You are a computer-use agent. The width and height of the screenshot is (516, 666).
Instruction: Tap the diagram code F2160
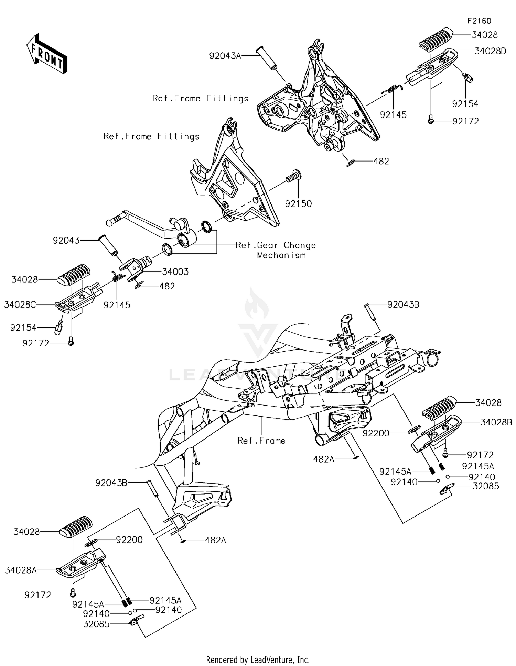point(479,21)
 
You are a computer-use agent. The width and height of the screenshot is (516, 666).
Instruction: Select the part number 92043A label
point(225,56)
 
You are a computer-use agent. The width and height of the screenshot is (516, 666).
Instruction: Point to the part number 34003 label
point(175,272)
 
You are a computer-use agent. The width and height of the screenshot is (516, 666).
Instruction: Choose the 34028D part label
point(490,51)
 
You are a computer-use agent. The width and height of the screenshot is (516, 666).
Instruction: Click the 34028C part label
point(20,304)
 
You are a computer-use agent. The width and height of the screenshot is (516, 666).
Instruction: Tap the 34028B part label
point(496,422)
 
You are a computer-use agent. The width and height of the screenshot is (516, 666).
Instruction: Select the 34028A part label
point(21,570)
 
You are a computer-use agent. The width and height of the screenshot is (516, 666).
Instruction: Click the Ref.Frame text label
point(261,441)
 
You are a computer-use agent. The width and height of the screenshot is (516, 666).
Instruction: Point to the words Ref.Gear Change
point(276,245)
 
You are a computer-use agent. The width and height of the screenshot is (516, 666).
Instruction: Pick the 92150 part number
point(298,203)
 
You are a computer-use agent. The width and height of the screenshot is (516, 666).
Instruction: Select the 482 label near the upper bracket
point(381,161)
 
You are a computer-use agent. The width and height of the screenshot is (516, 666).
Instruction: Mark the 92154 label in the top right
point(465,104)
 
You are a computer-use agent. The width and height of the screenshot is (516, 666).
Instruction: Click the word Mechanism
point(281,255)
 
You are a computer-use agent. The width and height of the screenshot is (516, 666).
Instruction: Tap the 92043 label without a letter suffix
point(66,240)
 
